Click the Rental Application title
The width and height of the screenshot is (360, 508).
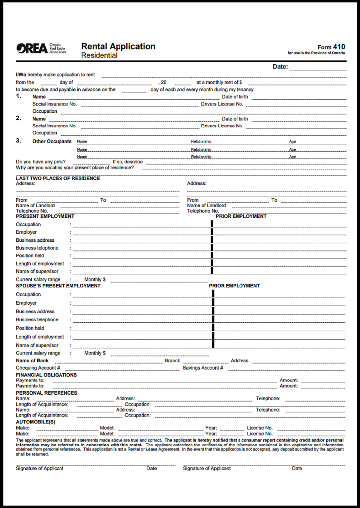tap(118, 46)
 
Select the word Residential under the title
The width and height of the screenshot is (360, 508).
tap(99, 55)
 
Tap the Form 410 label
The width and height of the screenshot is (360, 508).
tap(331, 47)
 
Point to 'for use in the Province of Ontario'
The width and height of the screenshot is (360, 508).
tap(316, 53)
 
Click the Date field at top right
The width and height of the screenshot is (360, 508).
tap(317, 67)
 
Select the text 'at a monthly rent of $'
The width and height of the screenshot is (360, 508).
tap(219, 82)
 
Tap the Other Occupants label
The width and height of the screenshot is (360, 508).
tap(52, 141)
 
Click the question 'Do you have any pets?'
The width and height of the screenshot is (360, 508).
tap(41, 162)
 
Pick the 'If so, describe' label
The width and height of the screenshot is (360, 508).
tap(127, 162)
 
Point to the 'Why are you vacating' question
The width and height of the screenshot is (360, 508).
tap(74, 168)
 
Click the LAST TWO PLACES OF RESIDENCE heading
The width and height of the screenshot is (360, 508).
tap(58, 178)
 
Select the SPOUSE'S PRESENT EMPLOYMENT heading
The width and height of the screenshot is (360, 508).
tap(58, 286)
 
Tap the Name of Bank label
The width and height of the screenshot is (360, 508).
tap(32, 361)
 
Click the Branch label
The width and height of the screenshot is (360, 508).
tap(172, 361)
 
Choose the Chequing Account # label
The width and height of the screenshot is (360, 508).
tap(38, 368)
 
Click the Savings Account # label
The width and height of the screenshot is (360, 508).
tap(203, 368)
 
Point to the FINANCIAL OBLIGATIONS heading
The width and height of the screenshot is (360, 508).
tap(46, 375)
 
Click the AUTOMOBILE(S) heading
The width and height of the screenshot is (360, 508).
tap(35, 421)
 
